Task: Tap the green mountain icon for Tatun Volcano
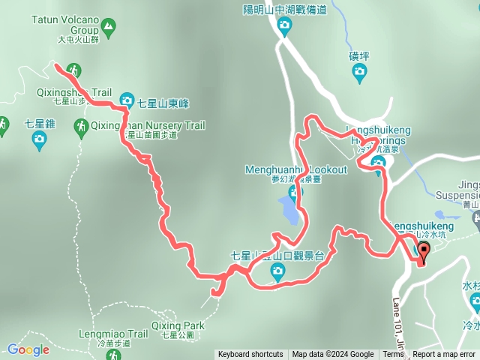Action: pos(109,29)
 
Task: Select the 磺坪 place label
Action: pos(359,55)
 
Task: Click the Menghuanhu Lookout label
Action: pos(296,169)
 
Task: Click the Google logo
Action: pos(28,349)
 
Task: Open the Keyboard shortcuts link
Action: pos(250,355)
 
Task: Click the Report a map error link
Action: pos(445,355)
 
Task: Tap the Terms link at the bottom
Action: pos(393,355)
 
